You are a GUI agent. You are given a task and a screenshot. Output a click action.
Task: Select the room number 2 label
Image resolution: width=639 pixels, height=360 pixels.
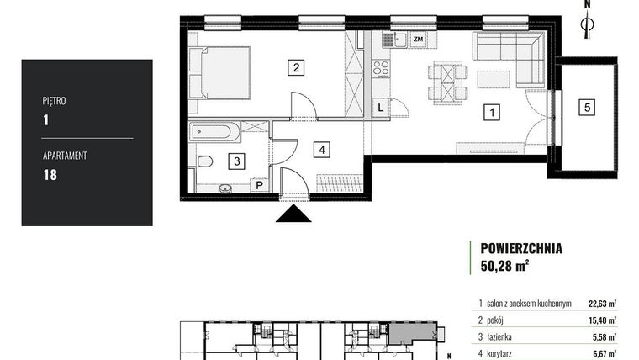[295, 68]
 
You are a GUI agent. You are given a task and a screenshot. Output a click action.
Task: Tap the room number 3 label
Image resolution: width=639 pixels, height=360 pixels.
[238, 159]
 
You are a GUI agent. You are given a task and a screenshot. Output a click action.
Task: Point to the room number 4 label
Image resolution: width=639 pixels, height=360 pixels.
[322, 150]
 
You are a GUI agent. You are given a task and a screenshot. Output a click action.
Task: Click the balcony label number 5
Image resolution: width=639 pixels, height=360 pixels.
[589, 107]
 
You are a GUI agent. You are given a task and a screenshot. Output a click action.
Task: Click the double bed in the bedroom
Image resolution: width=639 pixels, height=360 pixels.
[220, 72]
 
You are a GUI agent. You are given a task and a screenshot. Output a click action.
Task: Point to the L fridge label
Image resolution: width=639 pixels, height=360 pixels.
[381, 107]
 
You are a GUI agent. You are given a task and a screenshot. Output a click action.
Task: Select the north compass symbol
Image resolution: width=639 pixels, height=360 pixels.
[589, 23]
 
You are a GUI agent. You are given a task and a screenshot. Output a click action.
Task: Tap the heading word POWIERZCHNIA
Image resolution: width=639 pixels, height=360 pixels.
[521, 248]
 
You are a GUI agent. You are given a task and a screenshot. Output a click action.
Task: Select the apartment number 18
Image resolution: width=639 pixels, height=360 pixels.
[49, 175]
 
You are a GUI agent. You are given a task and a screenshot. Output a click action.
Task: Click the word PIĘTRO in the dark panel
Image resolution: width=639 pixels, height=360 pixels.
[54, 101]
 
